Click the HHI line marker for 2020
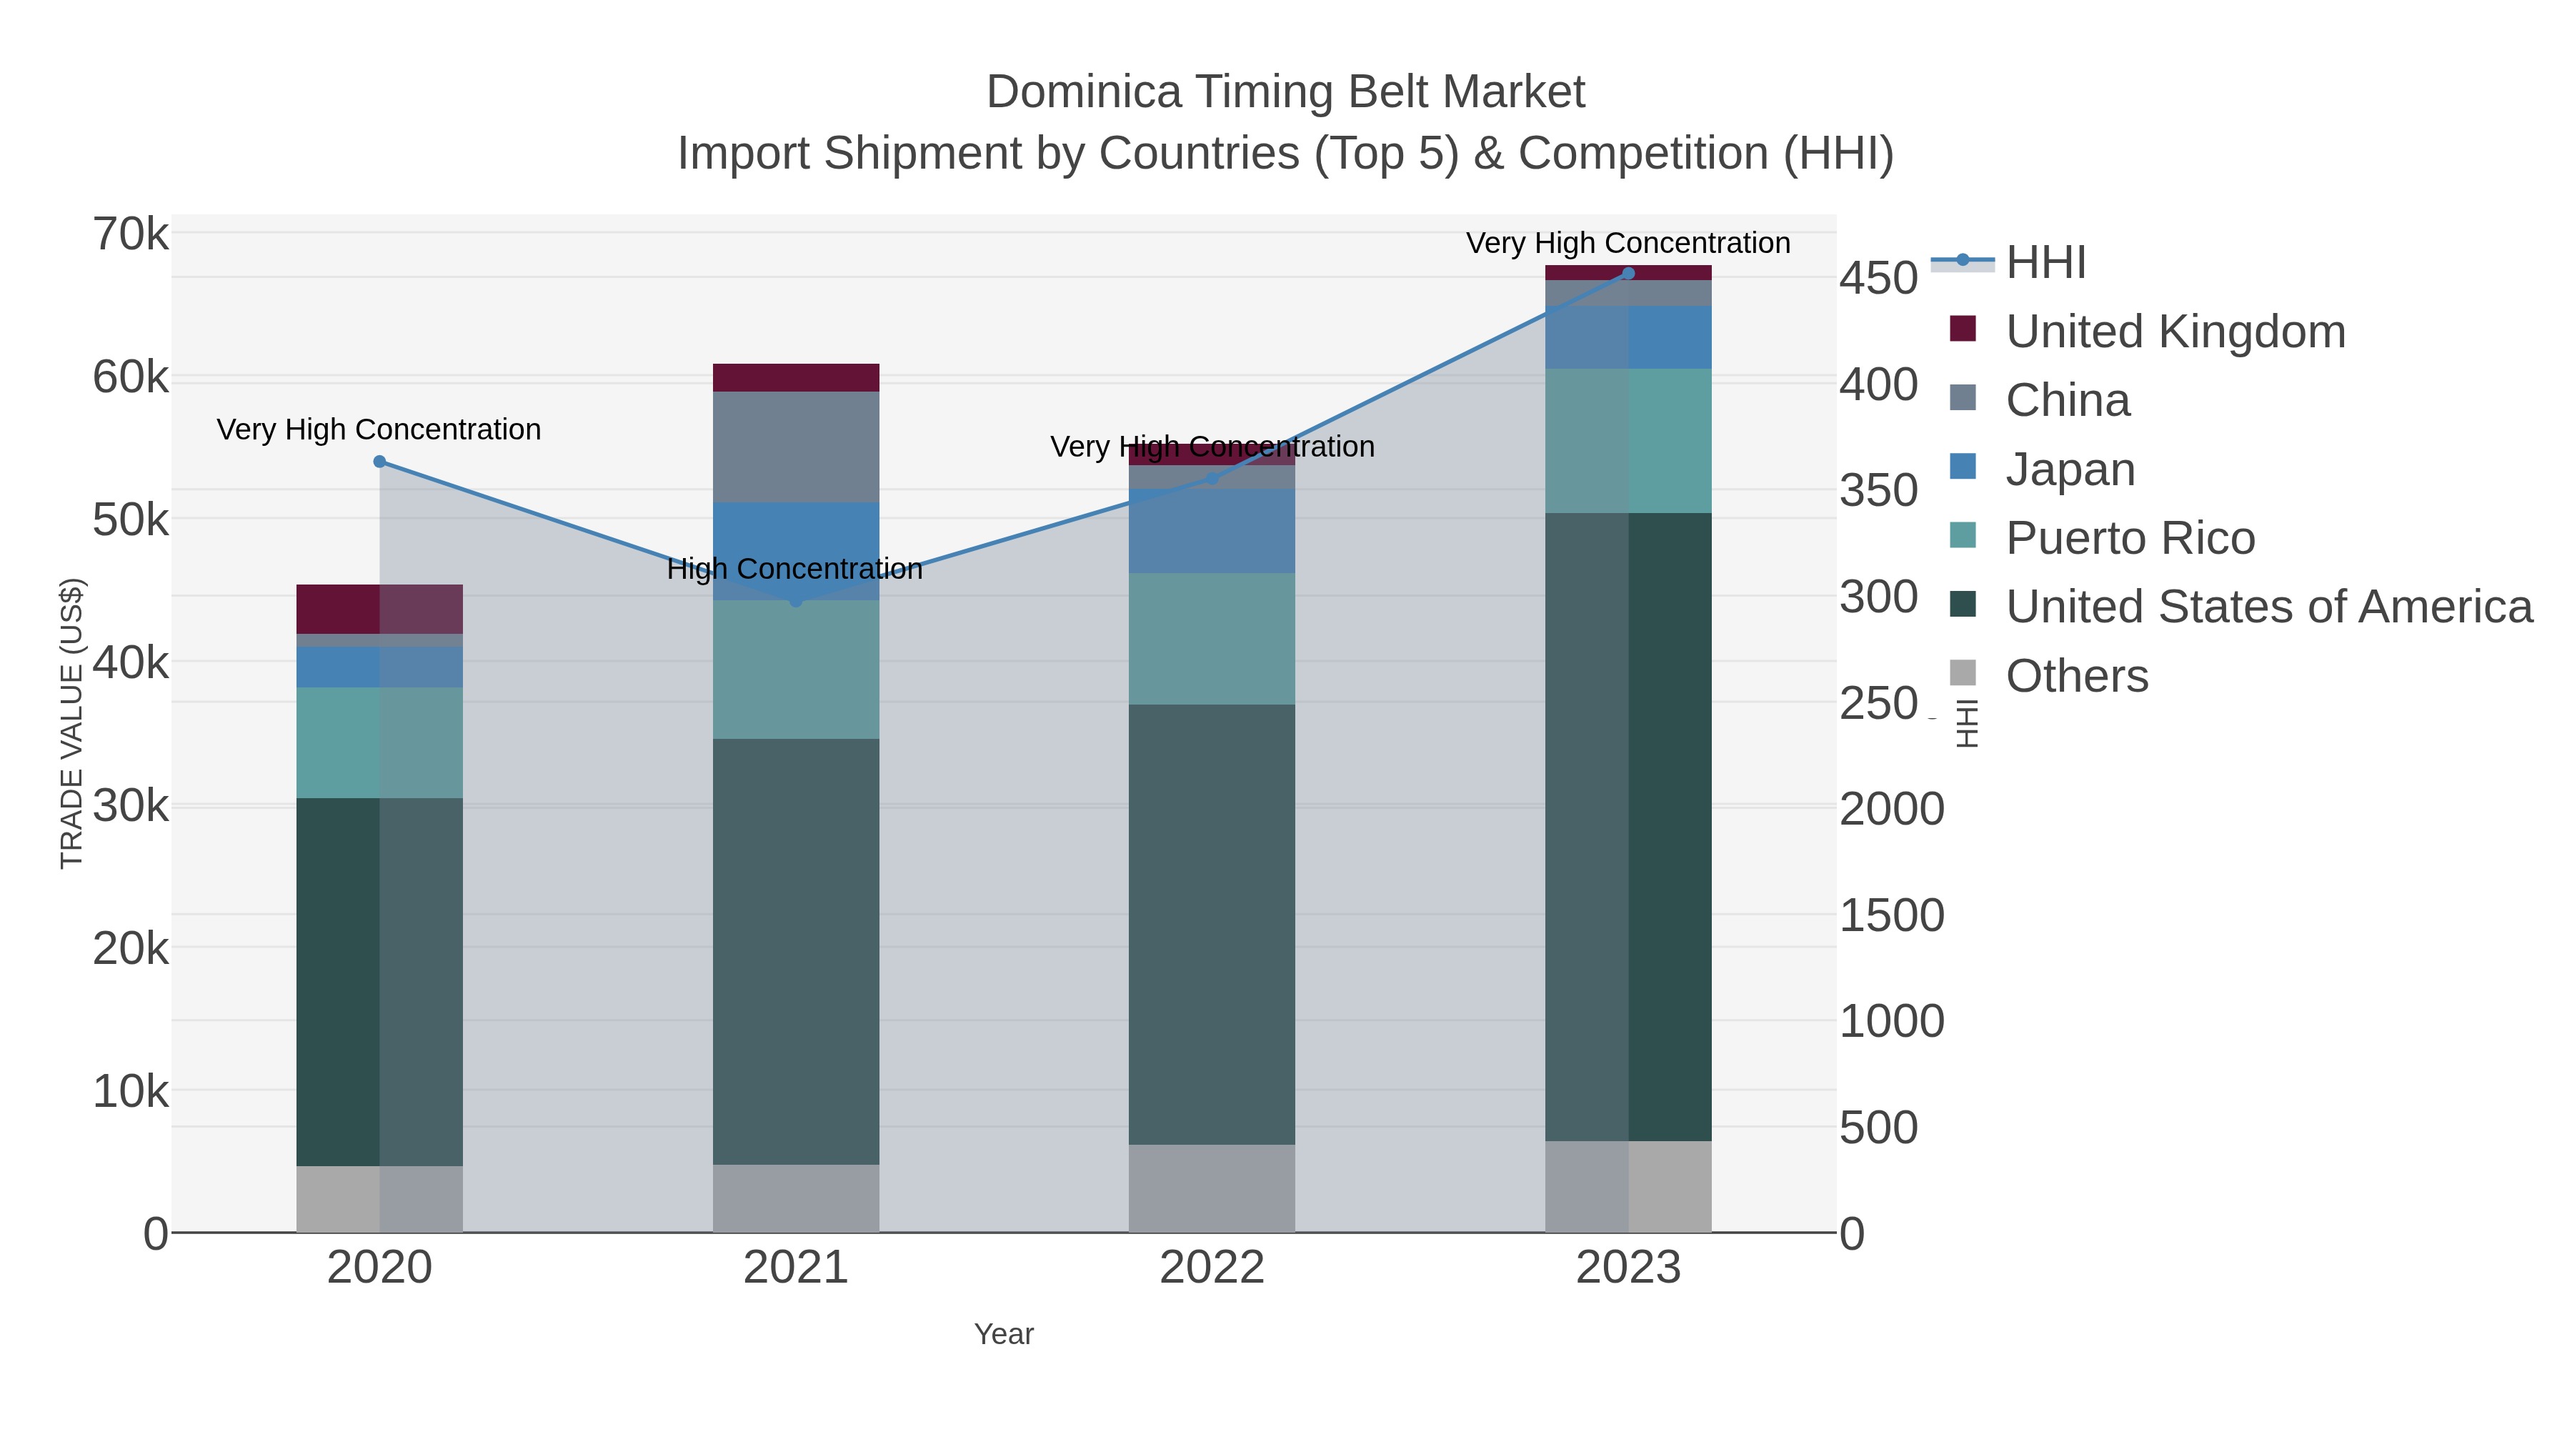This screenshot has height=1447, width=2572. [x=379, y=462]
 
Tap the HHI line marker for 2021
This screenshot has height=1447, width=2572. [x=796, y=601]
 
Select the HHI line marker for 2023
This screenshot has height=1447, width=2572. [x=1628, y=274]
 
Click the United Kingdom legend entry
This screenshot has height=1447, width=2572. [x=2175, y=332]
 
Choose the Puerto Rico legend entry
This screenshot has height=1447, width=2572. [x=2130, y=538]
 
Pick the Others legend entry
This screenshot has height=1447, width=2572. [x=2077, y=676]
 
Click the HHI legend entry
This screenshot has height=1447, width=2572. [x=2045, y=263]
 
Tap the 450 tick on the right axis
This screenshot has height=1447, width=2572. [x=1878, y=279]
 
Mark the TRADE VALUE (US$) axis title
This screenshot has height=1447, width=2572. [x=72, y=723]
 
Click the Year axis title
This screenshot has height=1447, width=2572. [x=1004, y=1334]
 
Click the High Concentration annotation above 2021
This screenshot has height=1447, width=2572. [x=794, y=570]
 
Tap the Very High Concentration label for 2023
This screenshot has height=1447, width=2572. [x=1628, y=244]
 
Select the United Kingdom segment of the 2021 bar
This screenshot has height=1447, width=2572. [x=796, y=377]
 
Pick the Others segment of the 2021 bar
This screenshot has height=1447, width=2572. [x=796, y=1198]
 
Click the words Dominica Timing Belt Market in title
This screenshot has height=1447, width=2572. [x=1285, y=92]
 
